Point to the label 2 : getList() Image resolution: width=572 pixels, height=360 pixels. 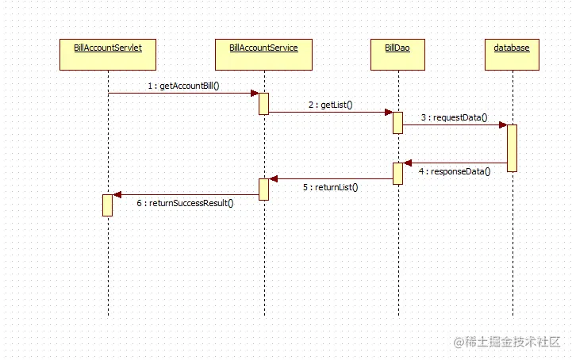[330, 105]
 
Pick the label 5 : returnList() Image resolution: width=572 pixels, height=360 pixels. [330, 188]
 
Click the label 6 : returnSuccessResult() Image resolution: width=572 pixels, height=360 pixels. [185, 203]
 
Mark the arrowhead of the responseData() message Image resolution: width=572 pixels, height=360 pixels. [408, 163]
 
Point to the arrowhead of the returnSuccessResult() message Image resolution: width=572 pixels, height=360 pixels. [117, 194]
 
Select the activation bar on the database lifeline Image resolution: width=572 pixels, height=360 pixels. [512, 147]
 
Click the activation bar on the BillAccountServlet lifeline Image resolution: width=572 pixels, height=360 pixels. [107, 205]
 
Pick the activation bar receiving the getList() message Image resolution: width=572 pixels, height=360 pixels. [397, 122]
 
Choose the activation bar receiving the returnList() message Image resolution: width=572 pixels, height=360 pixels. [263, 189]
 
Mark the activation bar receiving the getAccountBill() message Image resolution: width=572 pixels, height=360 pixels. [263, 103]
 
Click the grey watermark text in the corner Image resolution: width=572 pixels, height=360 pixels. [507, 342]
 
